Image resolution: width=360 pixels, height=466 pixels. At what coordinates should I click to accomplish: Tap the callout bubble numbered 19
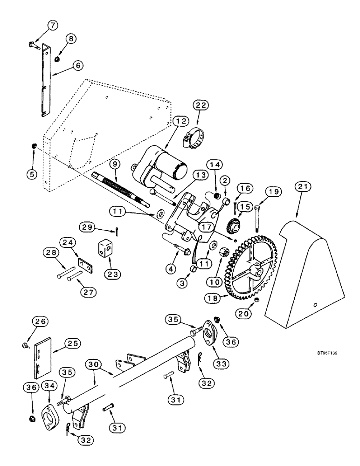click(x=273, y=192)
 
